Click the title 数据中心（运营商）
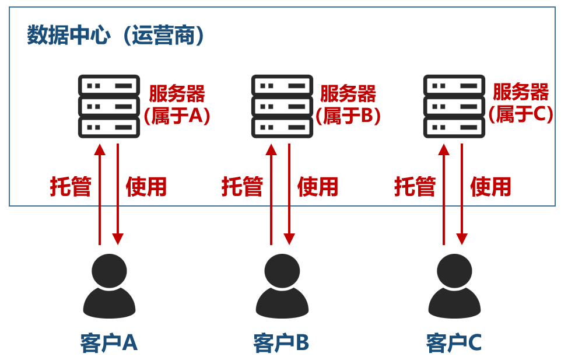click(x=117, y=36)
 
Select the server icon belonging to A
click(x=109, y=106)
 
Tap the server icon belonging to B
click(x=282, y=106)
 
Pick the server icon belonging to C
click(x=454, y=106)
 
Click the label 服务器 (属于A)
click(x=177, y=104)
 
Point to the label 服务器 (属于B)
click(x=348, y=104)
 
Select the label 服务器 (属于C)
click(x=521, y=103)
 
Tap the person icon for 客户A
click(x=109, y=286)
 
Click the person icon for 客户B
click(x=282, y=286)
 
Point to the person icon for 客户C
click(x=454, y=286)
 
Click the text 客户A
click(x=109, y=343)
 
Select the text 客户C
click(x=454, y=343)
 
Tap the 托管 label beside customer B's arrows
click(x=242, y=187)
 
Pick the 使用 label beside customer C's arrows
click(x=490, y=187)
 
